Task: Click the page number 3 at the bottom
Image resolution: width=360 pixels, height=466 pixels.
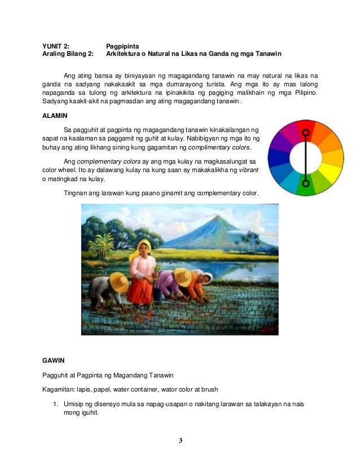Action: (180, 440)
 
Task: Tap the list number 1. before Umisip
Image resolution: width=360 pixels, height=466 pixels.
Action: (56, 405)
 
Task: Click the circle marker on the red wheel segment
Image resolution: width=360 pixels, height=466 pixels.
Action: (306, 134)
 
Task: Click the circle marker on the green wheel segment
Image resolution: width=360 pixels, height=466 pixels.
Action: (306, 183)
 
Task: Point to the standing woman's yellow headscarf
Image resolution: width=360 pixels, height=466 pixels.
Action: (144, 245)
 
